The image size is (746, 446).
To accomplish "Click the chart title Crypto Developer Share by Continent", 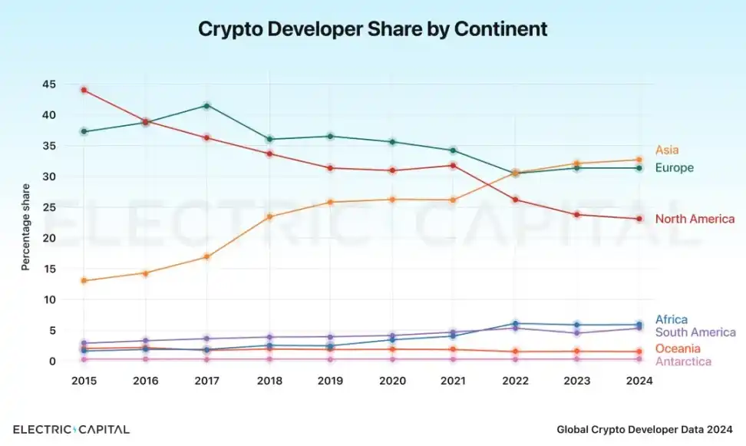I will (373, 29).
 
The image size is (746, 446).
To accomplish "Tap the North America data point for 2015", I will (84, 90).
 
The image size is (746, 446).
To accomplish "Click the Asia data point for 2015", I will (84, 281).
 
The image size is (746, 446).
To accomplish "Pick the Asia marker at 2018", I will (269, 216).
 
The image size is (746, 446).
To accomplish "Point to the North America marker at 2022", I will (516, 200).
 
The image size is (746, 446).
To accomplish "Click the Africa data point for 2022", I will (516, 324).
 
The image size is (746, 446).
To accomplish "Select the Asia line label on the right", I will (667, 150).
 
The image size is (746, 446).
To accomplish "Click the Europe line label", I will (674, 168).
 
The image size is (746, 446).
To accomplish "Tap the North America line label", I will (695, 220).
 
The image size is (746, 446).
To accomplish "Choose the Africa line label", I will (672, 319).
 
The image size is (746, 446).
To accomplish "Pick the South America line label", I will (695, 332).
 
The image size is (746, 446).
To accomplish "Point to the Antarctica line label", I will (683, 362).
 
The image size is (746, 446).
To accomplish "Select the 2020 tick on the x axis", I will (392, 381).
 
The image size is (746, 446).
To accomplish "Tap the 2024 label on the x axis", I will (639, 381).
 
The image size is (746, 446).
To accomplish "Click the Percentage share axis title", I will (25, 227).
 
